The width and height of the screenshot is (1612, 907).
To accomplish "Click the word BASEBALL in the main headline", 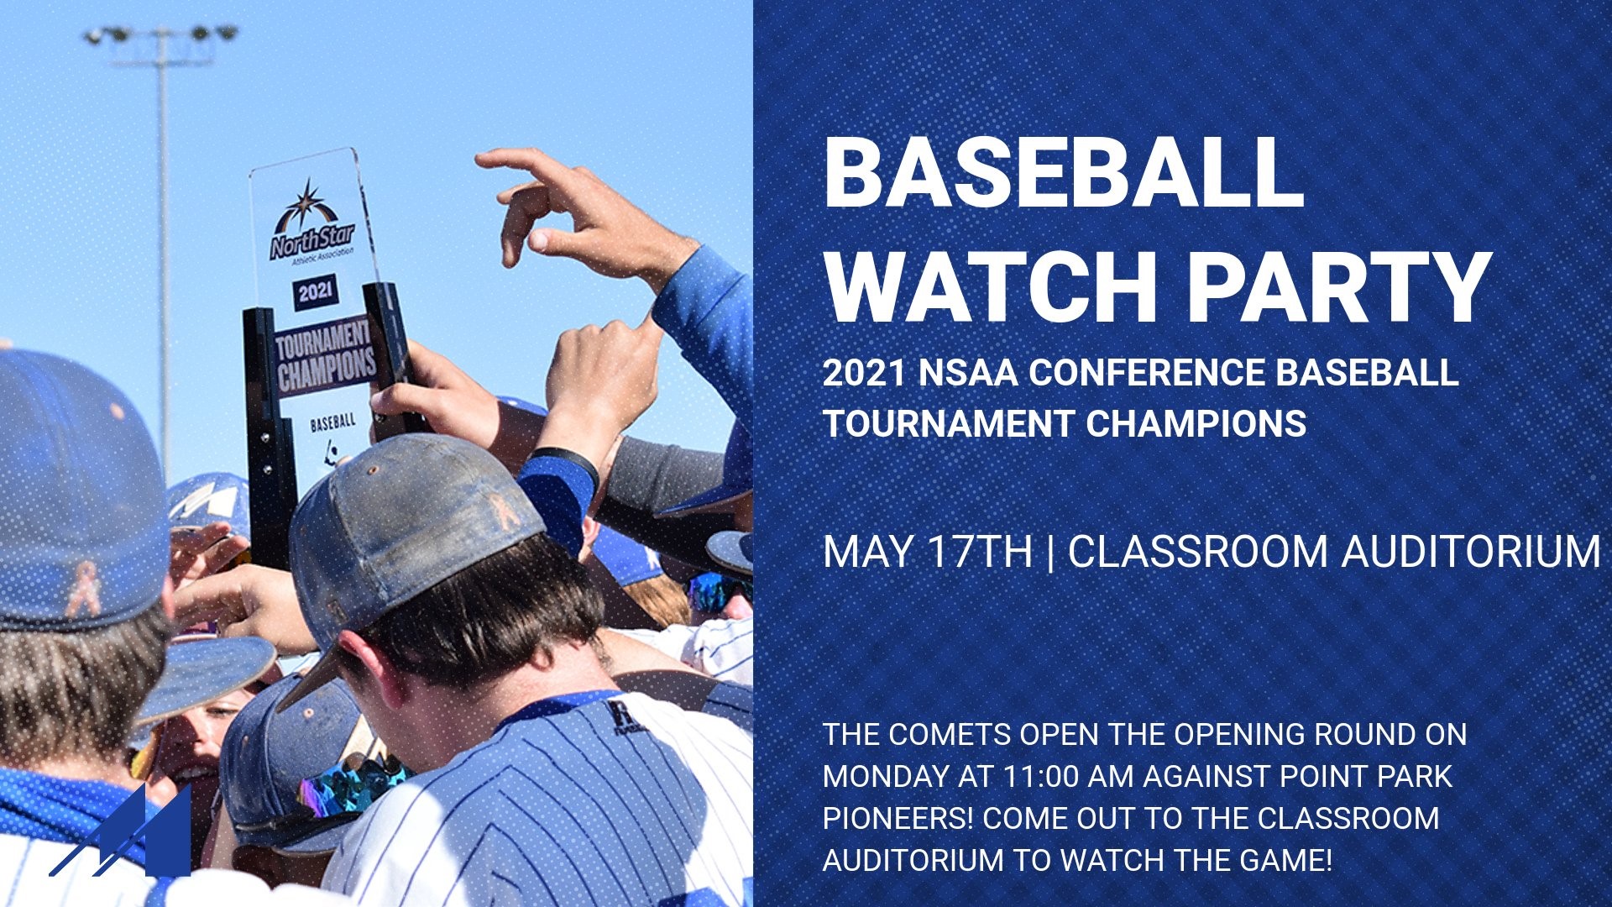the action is [x=1064, y=173].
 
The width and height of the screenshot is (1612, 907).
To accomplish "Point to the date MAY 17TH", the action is [x=928, y=553].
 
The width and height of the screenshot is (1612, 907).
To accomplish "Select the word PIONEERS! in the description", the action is [x=898, y=818].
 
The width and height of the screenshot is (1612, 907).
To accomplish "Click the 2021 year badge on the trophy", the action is [x=316, y=291].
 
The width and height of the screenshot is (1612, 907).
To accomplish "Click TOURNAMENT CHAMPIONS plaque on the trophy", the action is [x=324, y=356].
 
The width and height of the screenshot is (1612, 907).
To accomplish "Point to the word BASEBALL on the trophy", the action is [x=332, y=422].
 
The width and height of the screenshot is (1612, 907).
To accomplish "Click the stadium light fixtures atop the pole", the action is [x=160, y=35].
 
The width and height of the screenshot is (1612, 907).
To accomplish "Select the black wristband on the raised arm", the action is [x=563, y=461].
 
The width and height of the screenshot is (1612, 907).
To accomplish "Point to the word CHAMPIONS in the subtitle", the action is [x=1196, y=423].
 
